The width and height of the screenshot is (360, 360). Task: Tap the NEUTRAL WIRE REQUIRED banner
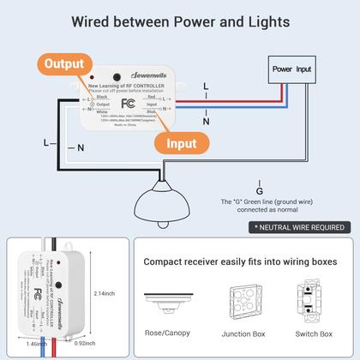tap(298, 228)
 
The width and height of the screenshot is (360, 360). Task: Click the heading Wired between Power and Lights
tap(180, 21)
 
